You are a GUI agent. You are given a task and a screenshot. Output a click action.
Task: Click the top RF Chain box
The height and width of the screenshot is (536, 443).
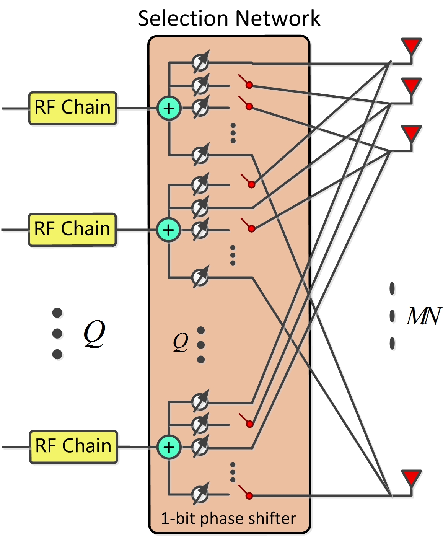coord(73,108)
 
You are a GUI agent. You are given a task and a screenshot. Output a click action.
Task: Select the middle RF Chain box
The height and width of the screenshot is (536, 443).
coord(72,230)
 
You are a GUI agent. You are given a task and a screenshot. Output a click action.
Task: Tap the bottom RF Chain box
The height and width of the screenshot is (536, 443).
coord(73,446)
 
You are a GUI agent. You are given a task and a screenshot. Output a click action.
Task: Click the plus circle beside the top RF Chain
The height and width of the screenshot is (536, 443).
coord(169,109)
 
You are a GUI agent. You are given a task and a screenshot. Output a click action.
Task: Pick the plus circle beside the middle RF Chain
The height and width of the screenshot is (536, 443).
coord(168,230)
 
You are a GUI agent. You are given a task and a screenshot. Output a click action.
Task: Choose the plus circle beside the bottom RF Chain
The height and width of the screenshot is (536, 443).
coord(169,447)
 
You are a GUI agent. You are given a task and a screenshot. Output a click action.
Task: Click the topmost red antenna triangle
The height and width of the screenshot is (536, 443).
coord(411,46)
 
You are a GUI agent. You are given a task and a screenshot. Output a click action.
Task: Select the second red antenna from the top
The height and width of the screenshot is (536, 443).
coord(411,86)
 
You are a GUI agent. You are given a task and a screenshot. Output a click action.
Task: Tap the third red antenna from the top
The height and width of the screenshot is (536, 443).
coord(411,133)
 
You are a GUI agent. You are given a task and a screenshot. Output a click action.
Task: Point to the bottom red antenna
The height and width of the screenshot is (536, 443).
coord(411,478)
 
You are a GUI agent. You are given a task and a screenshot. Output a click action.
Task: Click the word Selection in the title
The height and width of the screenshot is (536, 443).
coord(183,18)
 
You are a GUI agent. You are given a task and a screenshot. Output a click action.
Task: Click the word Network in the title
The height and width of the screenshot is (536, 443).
coord(278,18)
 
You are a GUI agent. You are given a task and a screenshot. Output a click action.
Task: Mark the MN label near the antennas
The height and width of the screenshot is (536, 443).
coord(423,316)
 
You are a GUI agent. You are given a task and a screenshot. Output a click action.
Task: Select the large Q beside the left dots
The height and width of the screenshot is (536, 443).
coord(94,333)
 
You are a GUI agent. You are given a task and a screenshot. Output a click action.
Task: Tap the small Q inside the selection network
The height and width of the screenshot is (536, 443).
coord(180,342)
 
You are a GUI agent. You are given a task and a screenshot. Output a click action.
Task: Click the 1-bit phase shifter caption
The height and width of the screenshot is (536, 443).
coord(228,518)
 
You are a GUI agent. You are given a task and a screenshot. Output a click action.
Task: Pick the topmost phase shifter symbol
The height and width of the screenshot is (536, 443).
coord(200,62)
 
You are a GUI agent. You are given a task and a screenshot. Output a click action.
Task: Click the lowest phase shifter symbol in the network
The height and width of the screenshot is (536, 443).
coord(200,494)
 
